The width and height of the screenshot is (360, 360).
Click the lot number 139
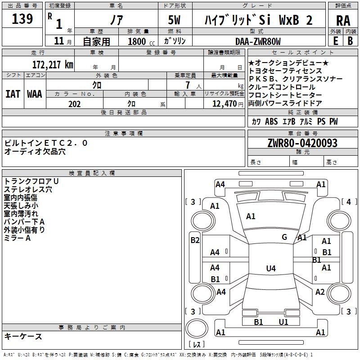tap(22, 19)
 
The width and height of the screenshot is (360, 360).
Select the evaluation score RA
tap(343, 21)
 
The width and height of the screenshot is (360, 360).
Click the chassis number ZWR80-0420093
tap(302, 143)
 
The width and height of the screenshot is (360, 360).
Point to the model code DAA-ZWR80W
tap(258, 41)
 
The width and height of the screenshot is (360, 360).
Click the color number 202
tap(74, 104)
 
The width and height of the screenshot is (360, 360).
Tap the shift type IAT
tap(13, 94)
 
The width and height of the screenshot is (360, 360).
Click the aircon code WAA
tap(35, 94)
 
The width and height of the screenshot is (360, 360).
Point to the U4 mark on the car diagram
tap(270, 269)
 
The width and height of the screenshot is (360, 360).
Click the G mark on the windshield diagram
tap(284, 237)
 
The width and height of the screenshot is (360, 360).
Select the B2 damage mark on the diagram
tap(195, 240)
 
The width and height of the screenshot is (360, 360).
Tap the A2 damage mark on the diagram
tap(320, 292)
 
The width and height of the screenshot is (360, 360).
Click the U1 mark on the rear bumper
tap(283, 322)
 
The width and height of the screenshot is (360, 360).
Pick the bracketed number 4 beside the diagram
tap(348, 202)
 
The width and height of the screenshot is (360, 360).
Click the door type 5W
tap(175, 20)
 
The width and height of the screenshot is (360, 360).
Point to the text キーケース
tap(23, 336)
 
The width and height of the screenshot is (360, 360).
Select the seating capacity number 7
tap(187, 85)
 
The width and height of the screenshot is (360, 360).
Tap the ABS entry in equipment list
tap(271, 121)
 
